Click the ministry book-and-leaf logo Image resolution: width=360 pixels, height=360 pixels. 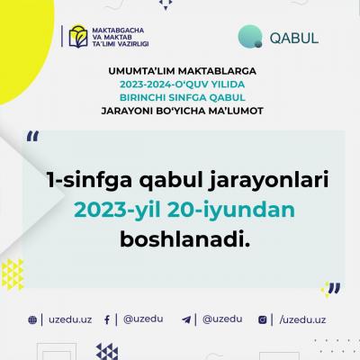point(78,37)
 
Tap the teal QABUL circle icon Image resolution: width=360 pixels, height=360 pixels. point(250,37)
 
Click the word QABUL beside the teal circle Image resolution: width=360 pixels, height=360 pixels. point(294,38)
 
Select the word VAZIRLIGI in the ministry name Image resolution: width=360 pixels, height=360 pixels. point(133,44)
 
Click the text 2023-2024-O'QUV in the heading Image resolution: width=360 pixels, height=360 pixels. point(164,85)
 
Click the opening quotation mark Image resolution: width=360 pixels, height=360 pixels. point(32,136)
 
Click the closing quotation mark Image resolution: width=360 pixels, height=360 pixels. point(334,288)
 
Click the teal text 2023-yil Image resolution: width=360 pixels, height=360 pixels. point(117,211)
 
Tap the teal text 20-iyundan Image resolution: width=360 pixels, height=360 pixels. point(231,210)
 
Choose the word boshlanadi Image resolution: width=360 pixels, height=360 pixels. point(185,238)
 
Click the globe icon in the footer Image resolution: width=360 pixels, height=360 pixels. point(32,320)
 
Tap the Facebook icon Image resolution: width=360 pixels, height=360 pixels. point(107,319)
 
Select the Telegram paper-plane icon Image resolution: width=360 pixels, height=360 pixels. point(186,319)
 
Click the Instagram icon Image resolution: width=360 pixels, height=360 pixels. point(263,319)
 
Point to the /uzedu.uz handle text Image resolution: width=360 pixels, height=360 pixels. point(302,319)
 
